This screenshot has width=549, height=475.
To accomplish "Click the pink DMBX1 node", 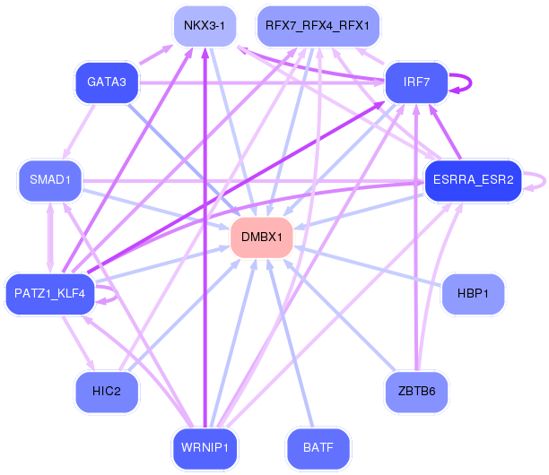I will tap(262, 237).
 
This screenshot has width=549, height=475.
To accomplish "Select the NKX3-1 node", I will tap(205, 25).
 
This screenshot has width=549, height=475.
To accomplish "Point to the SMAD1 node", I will tap(50, 180).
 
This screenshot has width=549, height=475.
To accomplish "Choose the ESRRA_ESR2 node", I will tap(472, 180).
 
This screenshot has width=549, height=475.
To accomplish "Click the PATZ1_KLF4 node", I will tap(50, 293).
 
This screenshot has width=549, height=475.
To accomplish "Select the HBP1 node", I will tap(474, 293).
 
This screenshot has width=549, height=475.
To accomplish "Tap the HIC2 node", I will tap(107, 391).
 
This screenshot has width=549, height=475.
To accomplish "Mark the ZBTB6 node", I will tap(416, 391).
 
